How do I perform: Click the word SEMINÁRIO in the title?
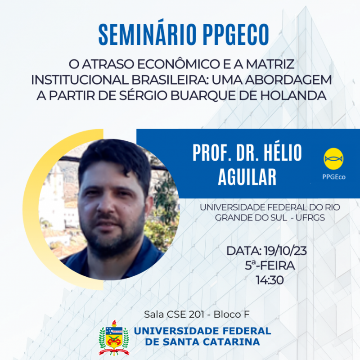pyautogui.click(x=148, y=34)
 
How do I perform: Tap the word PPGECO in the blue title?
pyautogui.click(x=236, y=35)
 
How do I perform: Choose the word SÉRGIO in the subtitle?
pyautogui.click(x=143, y=95)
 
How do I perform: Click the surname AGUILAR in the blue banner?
pyautogui.click(x=247, y=177)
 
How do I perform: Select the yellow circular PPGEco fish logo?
pyautogui.click(x=333, y=159)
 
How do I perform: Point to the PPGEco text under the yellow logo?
pyautogui.click(x=334, y=177)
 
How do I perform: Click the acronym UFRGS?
pyautogui.click(x=310, y=218)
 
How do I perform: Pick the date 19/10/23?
pyautogui.click(x=285, y=251)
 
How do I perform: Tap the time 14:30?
pyautogui.click(x=270, y=280)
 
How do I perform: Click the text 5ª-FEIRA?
pyautogui.click(x=270, y=265)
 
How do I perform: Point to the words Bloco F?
pyautogui.click(x=231, y=315)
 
